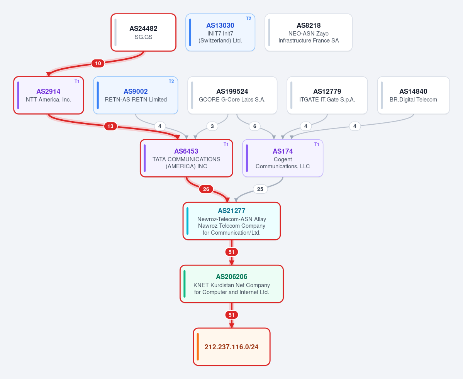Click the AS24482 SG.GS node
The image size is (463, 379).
[144, 32]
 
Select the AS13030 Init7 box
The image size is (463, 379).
[220, 32]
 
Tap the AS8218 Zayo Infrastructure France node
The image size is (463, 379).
[309, 32]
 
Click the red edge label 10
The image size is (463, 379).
[98, 63]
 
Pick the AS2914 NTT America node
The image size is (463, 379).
[49, 95]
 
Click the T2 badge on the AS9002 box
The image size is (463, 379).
[171, 81]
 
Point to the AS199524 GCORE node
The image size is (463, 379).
[232, 95]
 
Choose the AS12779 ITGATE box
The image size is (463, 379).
[327, 95]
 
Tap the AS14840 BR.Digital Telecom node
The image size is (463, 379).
[414, 95]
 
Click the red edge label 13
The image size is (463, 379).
[110, 126]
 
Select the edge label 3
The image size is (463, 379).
[212, 126]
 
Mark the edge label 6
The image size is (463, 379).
[255, 126]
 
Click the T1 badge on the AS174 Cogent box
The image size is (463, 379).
[317, 144]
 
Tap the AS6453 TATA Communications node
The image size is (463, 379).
[187, 158]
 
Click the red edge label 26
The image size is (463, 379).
[206, 189]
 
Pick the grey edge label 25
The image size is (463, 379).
[260, 189]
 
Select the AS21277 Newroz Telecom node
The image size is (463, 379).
[232, 221]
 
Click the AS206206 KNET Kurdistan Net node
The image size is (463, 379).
[232, 284]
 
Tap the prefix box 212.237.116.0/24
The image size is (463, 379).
[232, 347]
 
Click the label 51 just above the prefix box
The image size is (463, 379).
[232, 315]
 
